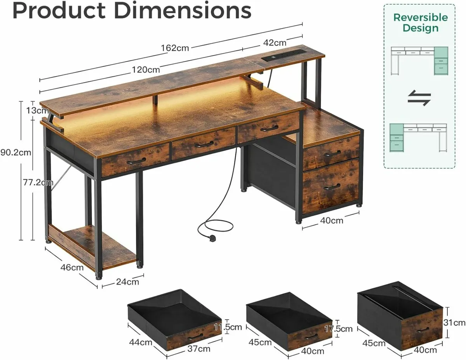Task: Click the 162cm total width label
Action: (175, 48)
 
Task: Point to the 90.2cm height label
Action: (16, 152)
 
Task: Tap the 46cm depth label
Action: (73, 267)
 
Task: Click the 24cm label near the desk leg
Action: (128, 282)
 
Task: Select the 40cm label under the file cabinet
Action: (332, 221)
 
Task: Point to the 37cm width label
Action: (199, 349)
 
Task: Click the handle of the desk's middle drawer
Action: (203, 144)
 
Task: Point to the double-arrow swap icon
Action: (419, 98)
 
